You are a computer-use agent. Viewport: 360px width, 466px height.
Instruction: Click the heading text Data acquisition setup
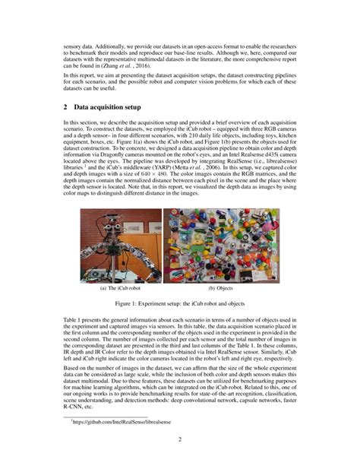point(115,109)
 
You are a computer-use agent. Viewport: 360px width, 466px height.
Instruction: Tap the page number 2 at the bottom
point(179,439)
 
